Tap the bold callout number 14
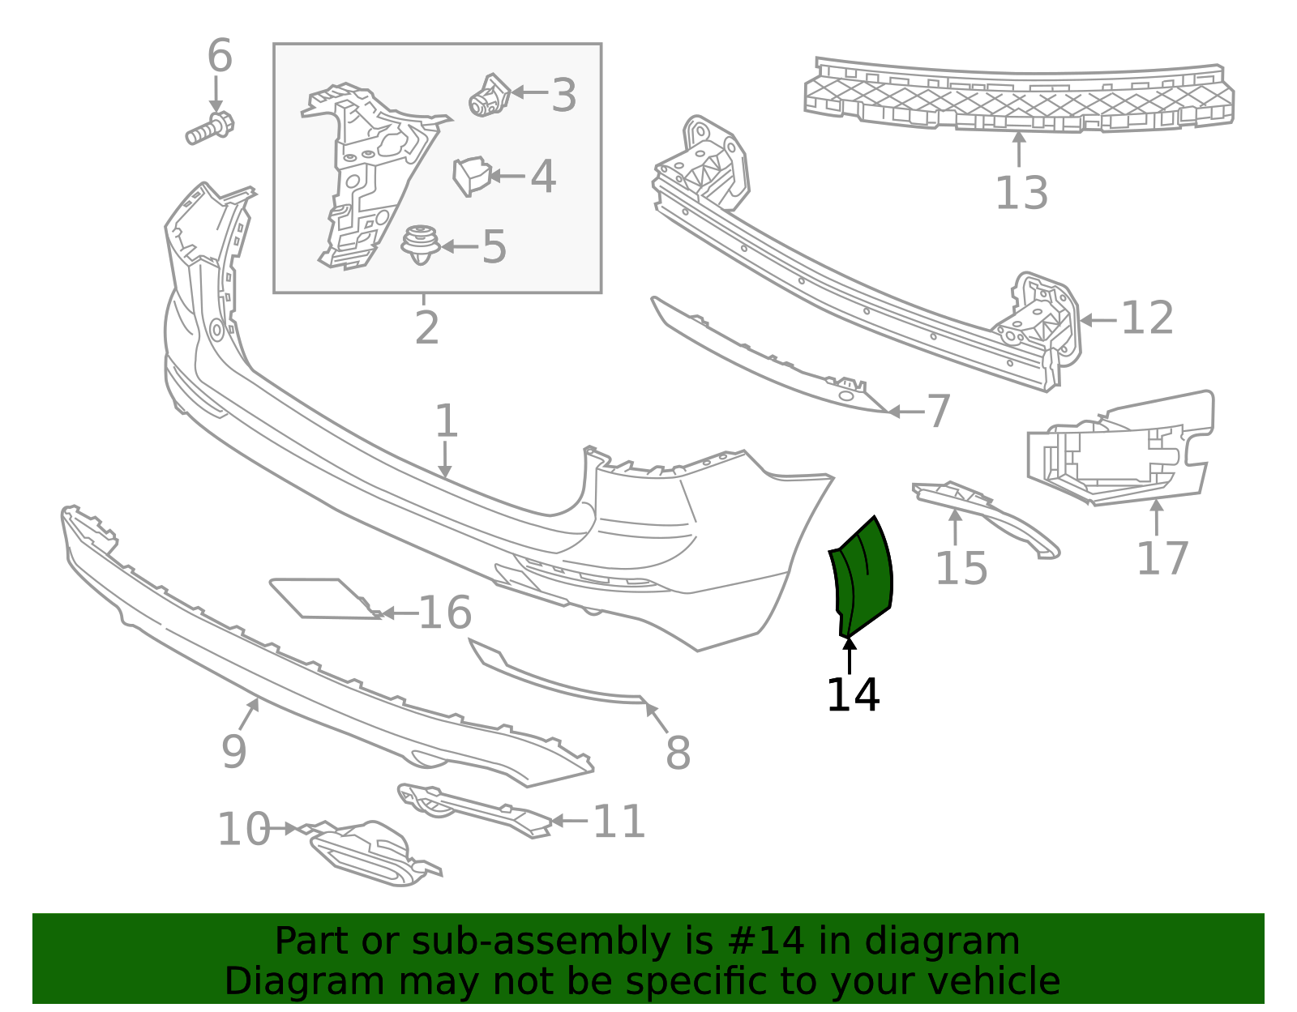pos(853,695)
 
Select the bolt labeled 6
pos(209,130)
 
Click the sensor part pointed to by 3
pos(489,96)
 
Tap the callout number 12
pos(1147,318)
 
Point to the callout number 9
pos(233,752)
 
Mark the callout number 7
pos(938,412)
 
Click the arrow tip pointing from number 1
pos(444,476)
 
